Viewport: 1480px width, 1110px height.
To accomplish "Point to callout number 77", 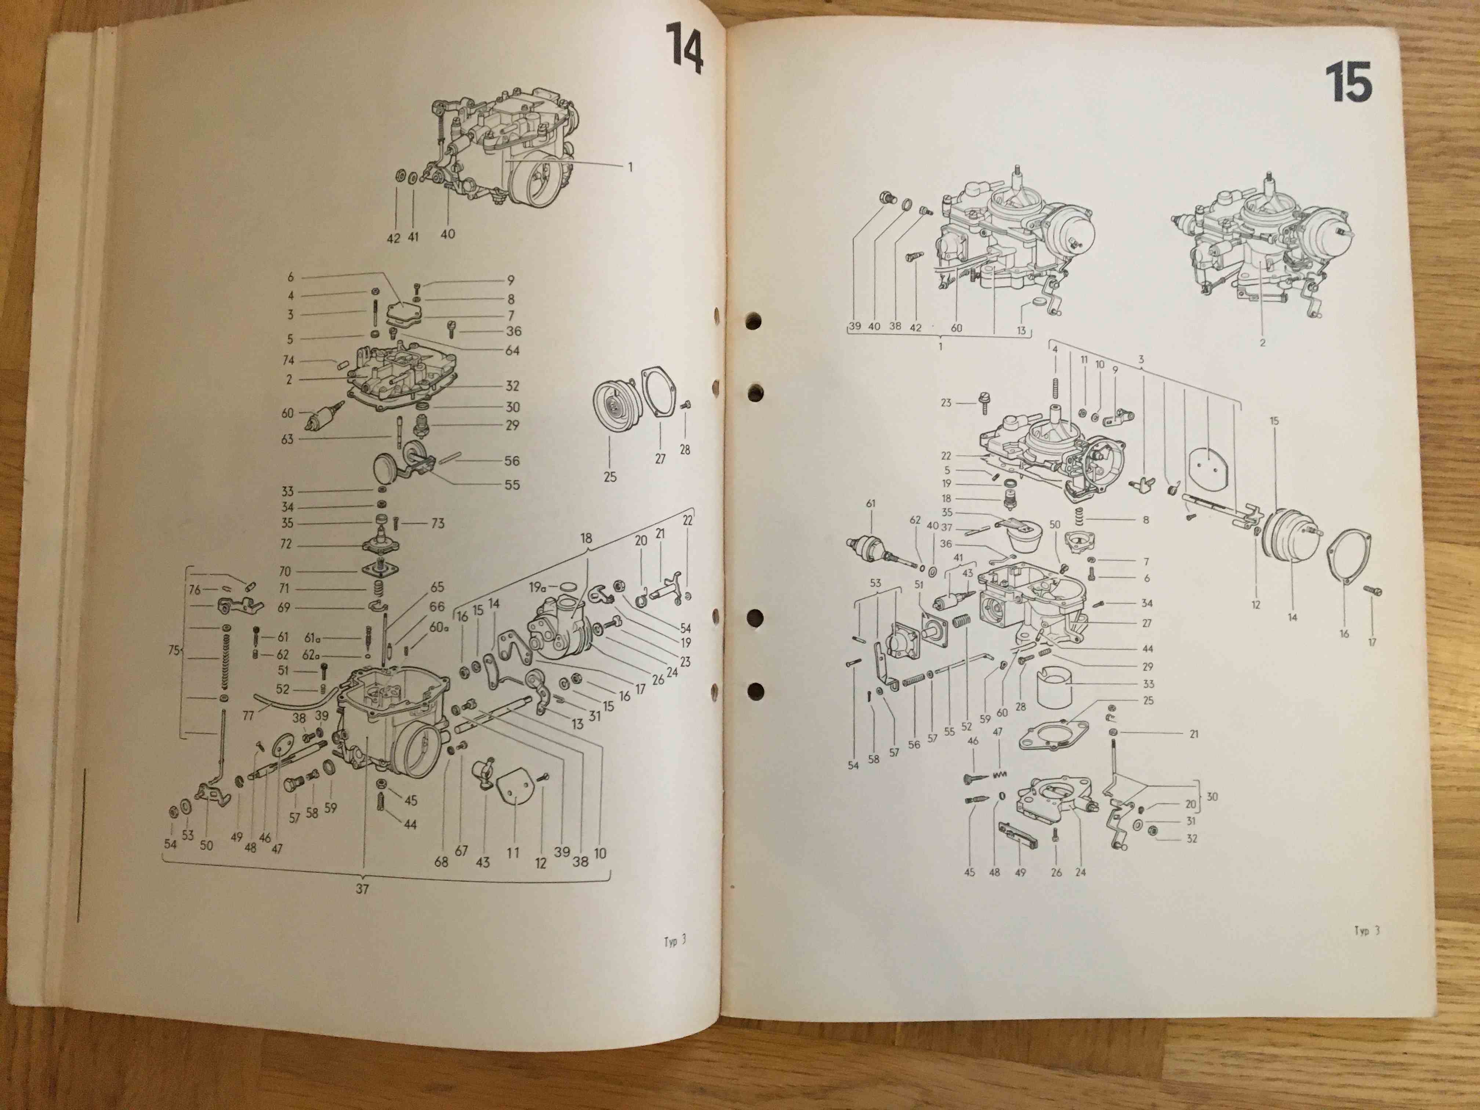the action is point(248,716).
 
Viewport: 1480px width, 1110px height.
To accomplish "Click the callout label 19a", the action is point(538,587).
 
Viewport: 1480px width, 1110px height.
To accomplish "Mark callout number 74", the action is point(289,360).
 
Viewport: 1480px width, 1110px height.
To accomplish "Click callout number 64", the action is point(512,350).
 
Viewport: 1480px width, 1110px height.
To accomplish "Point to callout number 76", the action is point(194,590).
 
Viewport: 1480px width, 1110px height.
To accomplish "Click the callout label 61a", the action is point(312,638).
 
